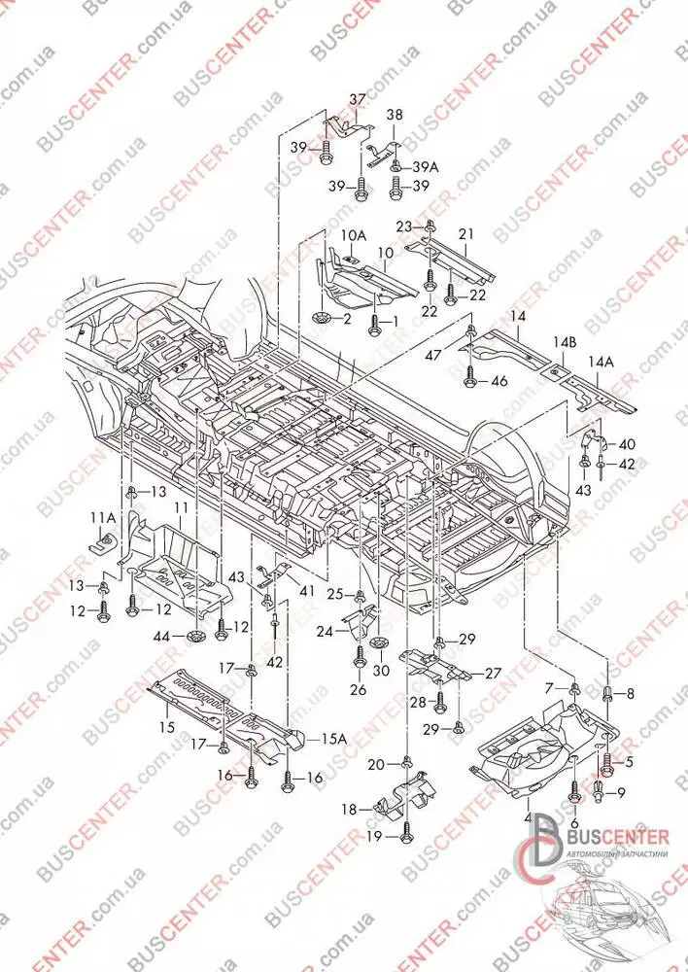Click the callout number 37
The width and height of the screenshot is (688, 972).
click(x=358, y=99)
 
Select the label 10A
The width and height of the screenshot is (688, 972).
click(x=354, y=235)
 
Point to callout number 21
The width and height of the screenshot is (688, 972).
click(x=465, y=233)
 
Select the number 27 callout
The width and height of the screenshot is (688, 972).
click(x=493, y=673)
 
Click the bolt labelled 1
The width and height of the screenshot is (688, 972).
click(x=373, y=322)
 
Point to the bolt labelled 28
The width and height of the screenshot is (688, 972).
click(x=439, y=701)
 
